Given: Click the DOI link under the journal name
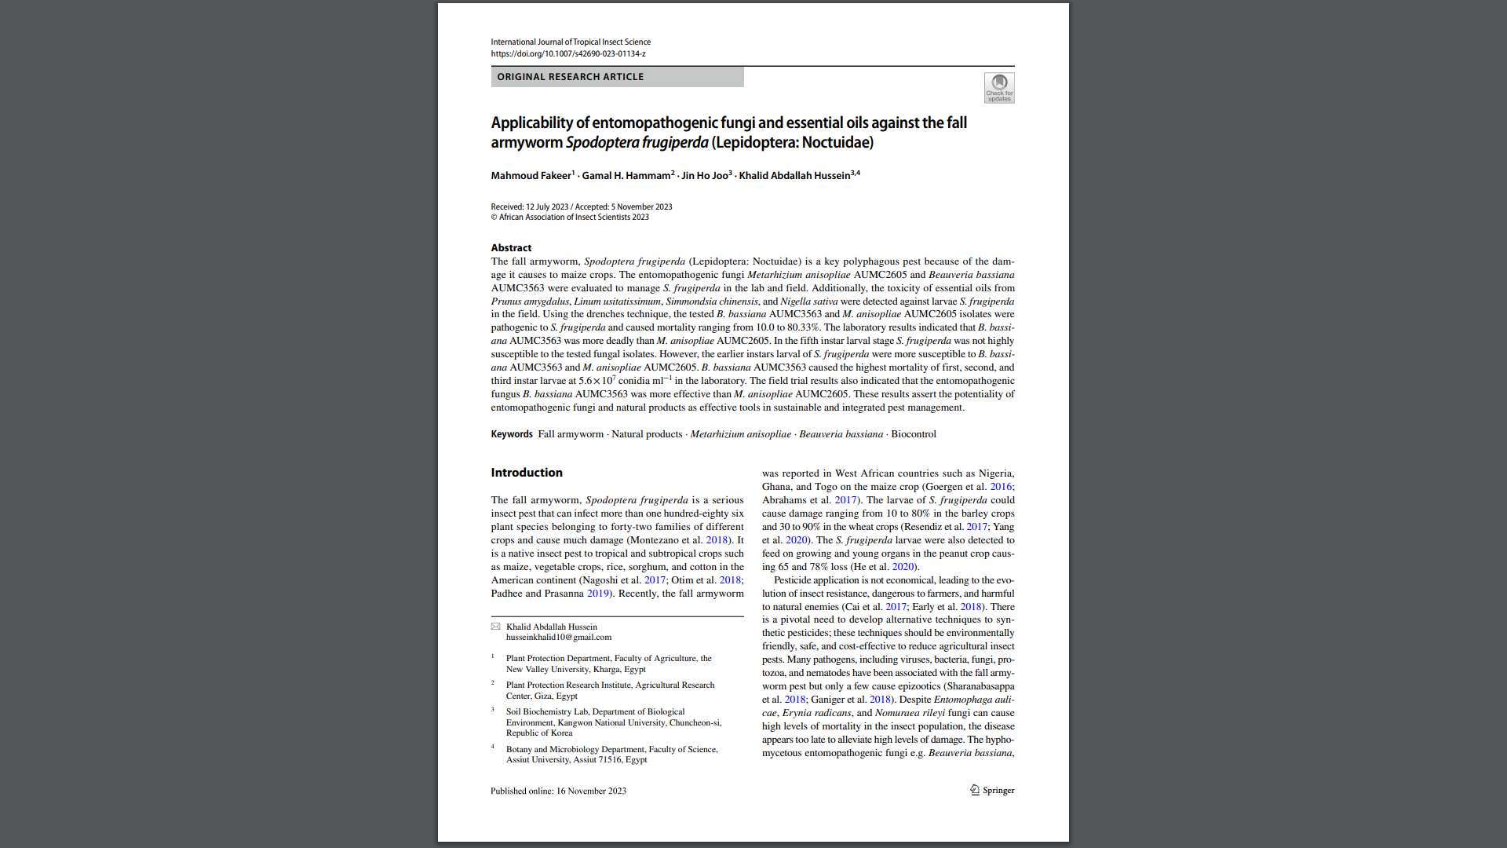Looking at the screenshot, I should [568, 54].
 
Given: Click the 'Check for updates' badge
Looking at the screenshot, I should [999, 88].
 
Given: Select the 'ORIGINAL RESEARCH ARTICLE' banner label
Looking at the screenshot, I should [571, 77].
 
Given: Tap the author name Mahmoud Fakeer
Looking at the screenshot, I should [531, 176].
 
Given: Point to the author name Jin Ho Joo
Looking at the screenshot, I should [704, 176].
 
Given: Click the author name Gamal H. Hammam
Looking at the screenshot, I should [626, 176].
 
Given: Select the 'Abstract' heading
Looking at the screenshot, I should [511, 248].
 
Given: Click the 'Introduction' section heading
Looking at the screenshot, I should [527, 473].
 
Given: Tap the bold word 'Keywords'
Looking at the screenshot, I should [512, 434].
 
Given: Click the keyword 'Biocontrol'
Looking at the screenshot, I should [914, 434].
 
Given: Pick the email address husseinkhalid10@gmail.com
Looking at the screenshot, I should [558, 638].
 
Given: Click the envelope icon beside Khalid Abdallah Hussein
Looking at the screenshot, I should [496, 627].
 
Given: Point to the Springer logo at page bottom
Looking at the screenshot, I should [992, 791].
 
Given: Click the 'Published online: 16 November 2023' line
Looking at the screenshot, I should [558, 791].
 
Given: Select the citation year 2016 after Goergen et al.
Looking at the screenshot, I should [1000, 487].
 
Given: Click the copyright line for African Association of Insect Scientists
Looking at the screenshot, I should [570, 217].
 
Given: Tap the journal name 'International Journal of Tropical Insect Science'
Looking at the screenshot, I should [571, 42].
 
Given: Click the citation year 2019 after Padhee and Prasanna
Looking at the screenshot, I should [597, 594].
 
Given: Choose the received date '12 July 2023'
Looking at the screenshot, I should [546, 207].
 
